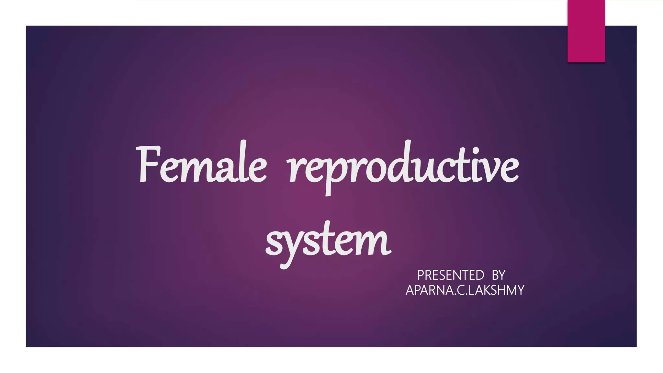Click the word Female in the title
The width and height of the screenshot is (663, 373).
point(202,165)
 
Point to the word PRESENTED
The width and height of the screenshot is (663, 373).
point(450,275)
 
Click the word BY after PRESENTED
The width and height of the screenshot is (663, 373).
point(499,275)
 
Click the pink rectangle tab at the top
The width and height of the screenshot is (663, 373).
point(586,31)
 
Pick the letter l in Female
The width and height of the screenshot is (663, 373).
point(244,162)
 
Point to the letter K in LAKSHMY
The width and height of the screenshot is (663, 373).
point(482,290)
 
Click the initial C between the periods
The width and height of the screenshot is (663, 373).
point(460,290)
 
